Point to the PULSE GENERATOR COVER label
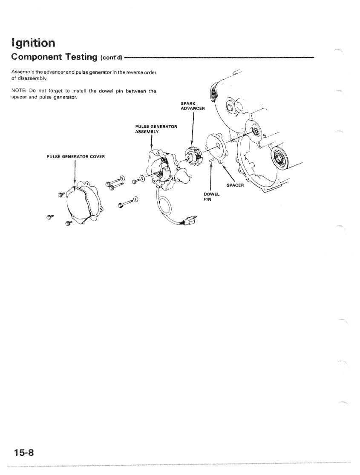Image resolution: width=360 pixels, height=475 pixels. [76, 156]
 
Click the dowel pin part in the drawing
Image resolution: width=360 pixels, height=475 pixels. [211, 160]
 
